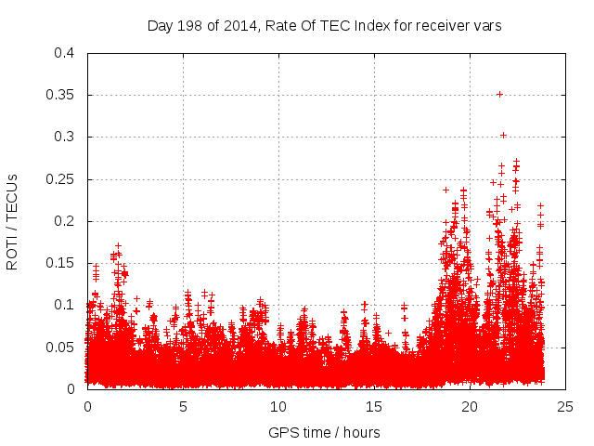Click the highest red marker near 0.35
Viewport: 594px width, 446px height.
point(499,94)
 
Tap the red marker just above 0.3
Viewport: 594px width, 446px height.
point(503,135)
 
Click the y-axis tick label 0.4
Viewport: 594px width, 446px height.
point(63,53)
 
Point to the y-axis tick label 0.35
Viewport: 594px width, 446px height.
point(59,95)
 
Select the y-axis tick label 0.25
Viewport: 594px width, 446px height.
point(59,179)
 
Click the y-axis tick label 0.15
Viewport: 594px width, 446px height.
point(59,263)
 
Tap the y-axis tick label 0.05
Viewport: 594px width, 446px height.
point(59,347)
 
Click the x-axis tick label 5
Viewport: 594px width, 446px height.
point(183,406)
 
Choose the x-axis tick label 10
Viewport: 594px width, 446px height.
point(278,406)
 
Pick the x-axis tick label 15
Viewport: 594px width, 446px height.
point(374,406)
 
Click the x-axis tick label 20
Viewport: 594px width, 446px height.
point(470,406)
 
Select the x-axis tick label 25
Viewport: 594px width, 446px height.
point(565,406)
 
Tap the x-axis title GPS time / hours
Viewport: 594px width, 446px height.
point(324,432)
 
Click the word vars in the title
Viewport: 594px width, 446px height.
point(485,25)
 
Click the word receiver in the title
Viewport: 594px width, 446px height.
point(440,25)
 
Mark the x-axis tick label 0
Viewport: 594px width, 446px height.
point(87,406)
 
